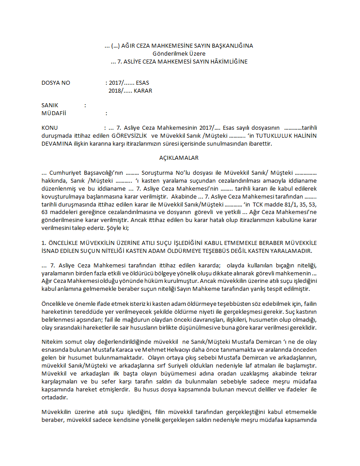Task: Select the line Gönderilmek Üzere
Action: tap(179, 53)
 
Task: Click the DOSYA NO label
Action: tap(56, 83)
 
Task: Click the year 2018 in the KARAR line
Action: tap(116, 91)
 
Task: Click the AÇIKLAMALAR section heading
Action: tap(179, 158)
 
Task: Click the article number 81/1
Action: tap(279, 204)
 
